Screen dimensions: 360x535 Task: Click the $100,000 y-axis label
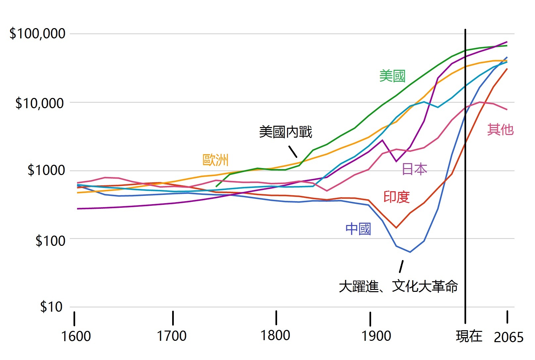click(37, 34)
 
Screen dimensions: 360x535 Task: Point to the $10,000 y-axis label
click(39, 103)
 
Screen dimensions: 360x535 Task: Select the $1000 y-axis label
click(46, 170)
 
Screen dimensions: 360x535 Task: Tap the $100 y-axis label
click(50, 241)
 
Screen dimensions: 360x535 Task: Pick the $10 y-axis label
click(51, 307)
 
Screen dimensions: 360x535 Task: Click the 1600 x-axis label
click(76, 336)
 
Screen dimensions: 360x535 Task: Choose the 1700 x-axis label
click(171, 336)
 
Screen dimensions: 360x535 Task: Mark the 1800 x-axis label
click(275, 335)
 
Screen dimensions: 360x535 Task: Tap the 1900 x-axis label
click(376, 336)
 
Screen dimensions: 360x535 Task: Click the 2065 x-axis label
click(509, 337)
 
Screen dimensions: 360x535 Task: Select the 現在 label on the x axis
click(469, 336)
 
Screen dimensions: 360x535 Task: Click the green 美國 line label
click(392, 76)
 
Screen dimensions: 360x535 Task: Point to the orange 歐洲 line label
click(216, 160)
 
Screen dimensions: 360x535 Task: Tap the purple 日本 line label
click(414, 169)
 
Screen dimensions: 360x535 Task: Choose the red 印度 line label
click(397, 197)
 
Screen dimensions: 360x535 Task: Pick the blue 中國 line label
click(358, 229)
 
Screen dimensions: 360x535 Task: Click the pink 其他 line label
click(500, 129)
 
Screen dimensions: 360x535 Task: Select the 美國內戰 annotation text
click(285, 132)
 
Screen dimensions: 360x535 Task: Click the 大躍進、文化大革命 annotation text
click(398, 286)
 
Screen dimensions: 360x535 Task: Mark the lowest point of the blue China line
click(410, 252)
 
